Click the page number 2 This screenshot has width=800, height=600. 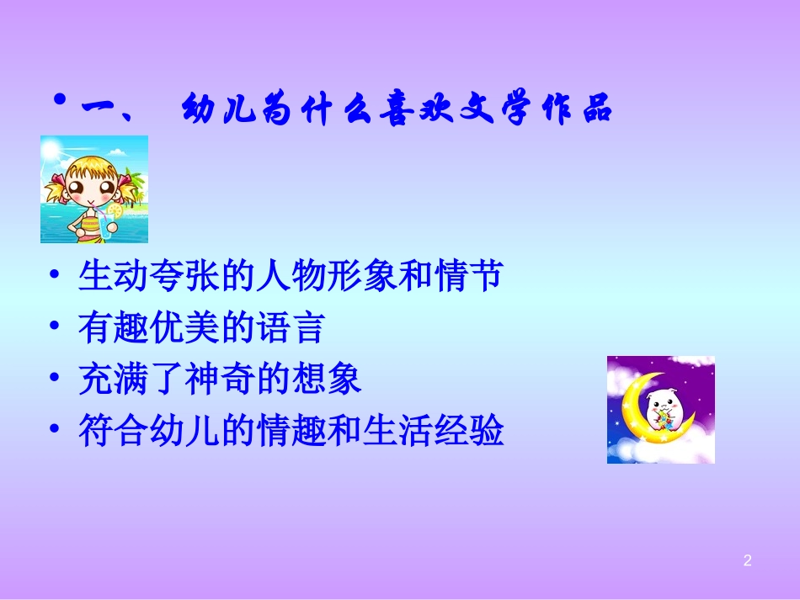(747, 560)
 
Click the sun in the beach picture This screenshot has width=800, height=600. (51, 151)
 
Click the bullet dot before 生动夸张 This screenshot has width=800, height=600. (56, 276)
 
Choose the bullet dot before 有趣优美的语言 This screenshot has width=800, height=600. (56, 328)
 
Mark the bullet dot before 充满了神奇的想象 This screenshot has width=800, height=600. (56, 380)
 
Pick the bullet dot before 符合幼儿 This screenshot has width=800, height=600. (56, 431)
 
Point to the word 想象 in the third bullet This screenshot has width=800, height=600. (334, 380)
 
